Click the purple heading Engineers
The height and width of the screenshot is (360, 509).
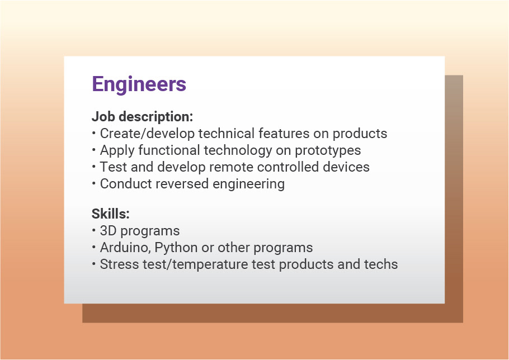pos(139,84)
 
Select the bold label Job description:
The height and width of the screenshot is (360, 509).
pos(142,117)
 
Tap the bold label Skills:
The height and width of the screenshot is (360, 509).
pos(110,214)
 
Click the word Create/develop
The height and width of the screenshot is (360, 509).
pos(147,134)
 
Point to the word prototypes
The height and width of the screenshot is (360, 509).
pos(328,151)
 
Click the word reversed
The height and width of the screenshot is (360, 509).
pos(182,184)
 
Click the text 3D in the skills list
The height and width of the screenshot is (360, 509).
pos(108,231)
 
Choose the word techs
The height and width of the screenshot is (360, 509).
pos(381,264)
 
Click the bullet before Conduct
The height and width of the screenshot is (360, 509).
pos(93,184)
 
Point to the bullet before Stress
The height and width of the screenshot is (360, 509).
pos(93,264)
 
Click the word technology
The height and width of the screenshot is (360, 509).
pos(238,151)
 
